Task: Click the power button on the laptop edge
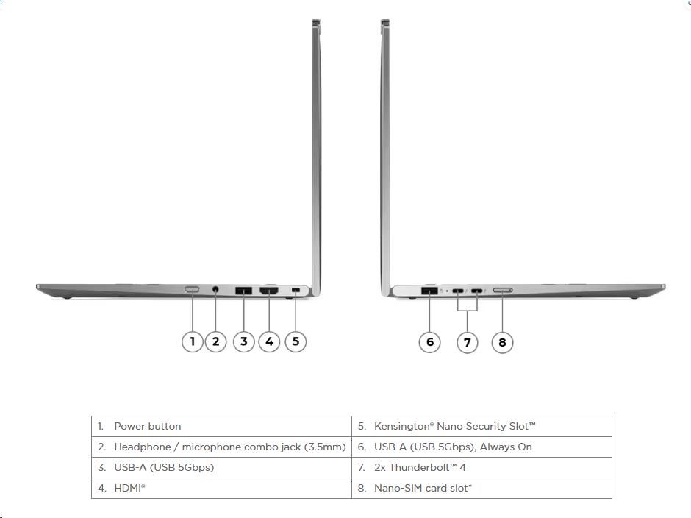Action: click(x=192, y=289)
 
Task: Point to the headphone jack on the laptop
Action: click(x=215, y=289)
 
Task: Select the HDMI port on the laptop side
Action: click(x=269, y=291)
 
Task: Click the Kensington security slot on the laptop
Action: click(x=296, y=290)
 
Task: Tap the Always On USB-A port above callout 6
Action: click(x=429, y=291)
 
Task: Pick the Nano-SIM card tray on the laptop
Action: click(x=502, y=291)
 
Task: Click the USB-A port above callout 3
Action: click(x=244, y=291)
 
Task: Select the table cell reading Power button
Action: click(x=222, y=426)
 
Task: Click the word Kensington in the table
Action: click(x=401, y=426)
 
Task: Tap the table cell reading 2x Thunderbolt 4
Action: click(x=481, y=468)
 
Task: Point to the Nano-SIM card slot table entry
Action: click(x=481, y=489)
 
